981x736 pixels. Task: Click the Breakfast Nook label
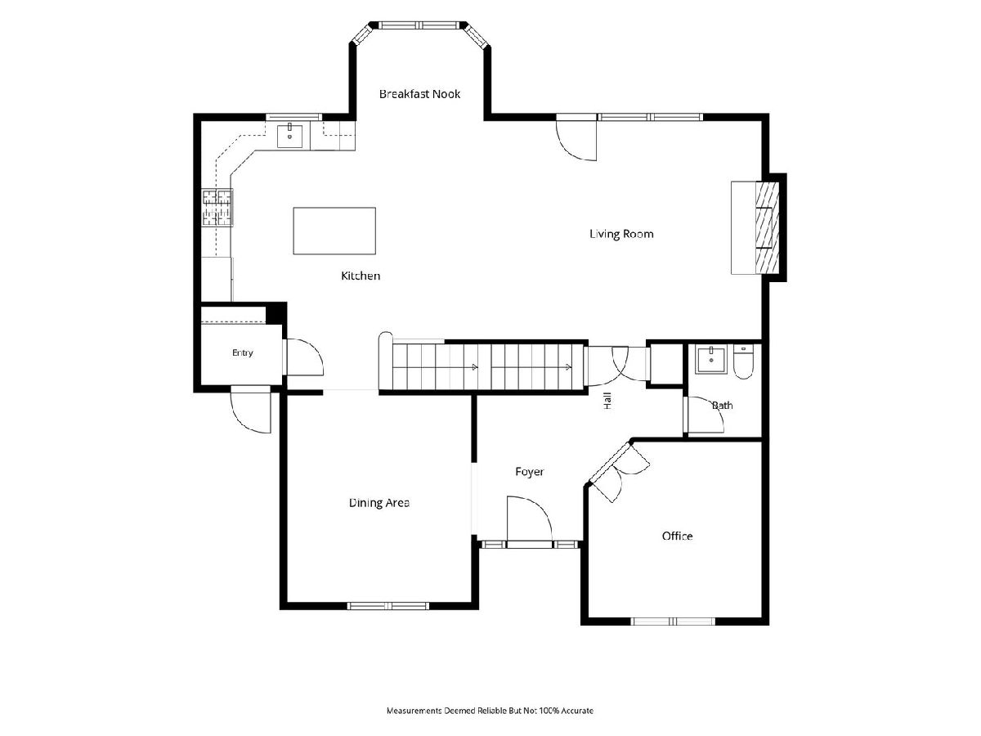click(419, 94)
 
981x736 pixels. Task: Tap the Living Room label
click(621, 234)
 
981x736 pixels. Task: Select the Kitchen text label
click(361, 276)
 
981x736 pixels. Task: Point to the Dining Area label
click(379, 503)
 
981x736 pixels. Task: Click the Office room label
click(677, 536)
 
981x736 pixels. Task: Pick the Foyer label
click(529, 472)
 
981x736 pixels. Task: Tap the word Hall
click(607, 401)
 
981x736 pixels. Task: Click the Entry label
click(243, 352)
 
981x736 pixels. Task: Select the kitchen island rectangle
click(334, 231)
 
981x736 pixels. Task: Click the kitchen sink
click(289, 136)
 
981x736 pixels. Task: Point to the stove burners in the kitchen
click(217, 208)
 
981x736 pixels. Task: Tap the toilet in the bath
click(743, 362)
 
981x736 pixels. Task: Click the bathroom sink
click(710, 360)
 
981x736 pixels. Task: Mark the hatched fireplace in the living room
click(768, 227)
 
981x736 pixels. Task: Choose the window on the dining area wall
click(388, 606)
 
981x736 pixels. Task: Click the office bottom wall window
click(673, 622)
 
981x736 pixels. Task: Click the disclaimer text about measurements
click(490, 710)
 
